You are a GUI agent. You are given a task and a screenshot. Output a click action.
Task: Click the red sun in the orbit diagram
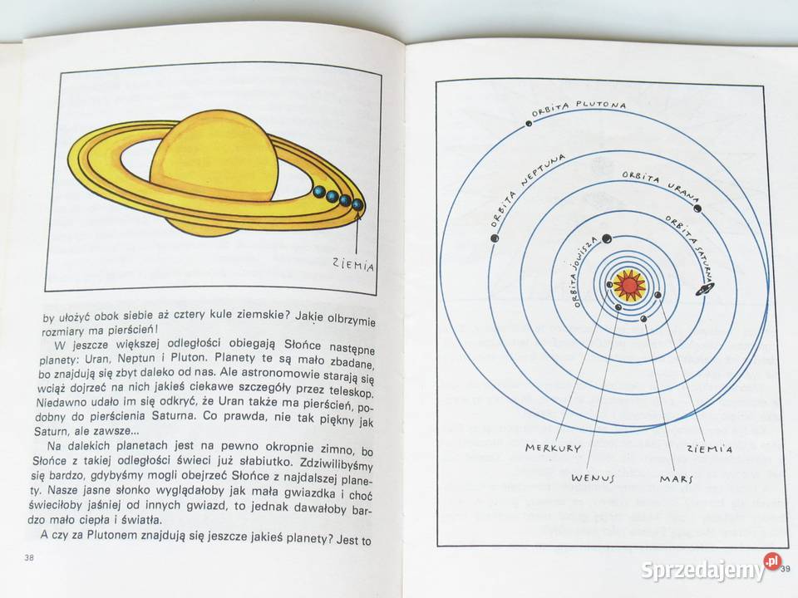point(629,286)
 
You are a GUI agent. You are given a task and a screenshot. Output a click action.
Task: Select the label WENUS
point(593,478)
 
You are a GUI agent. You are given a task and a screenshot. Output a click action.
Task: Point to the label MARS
point(677,478)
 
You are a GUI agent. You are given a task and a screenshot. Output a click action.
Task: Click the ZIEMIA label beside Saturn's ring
point(353,264)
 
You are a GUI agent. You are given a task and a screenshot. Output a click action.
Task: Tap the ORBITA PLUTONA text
point(579,108)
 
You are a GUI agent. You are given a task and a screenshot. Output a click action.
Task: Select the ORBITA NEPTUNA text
point(527,189)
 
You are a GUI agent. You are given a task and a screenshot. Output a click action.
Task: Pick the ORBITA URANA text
point(661,186)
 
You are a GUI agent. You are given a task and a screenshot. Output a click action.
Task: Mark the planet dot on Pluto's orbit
point(530,123)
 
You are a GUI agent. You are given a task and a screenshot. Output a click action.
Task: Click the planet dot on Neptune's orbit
point(495,238)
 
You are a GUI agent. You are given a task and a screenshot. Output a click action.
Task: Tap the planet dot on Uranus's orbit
point(697,208)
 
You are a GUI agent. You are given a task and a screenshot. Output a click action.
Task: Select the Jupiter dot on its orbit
point(606,239)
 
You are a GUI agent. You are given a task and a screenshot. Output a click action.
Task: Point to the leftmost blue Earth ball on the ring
point(319,191)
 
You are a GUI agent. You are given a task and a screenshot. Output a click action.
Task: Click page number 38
point(29,557)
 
